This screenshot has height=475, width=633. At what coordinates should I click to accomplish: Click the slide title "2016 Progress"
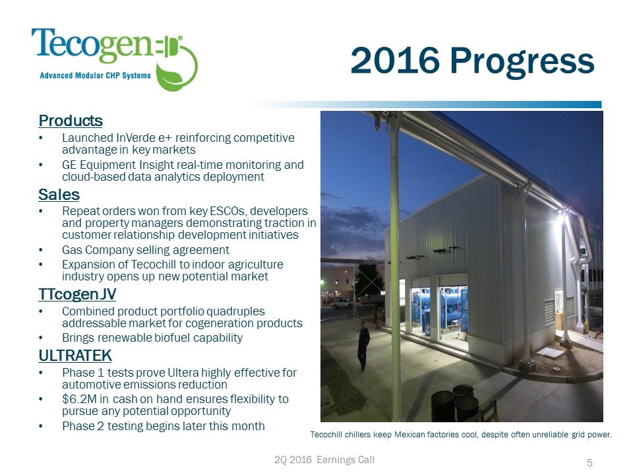tap(472, 61)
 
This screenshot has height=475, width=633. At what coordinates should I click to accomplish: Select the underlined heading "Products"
tap(71, 121)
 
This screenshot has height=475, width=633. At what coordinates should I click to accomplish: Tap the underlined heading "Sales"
tap(59, 195)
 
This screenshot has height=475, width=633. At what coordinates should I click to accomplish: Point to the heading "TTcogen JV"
tap(77, 294)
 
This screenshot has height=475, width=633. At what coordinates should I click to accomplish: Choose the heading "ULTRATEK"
tap(75, 356)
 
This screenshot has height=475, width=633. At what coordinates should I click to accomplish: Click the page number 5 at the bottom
tap(589, 463)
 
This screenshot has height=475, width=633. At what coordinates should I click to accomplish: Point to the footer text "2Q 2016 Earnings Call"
tap(324, 460)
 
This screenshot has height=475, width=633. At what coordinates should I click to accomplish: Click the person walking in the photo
tap(363, 346)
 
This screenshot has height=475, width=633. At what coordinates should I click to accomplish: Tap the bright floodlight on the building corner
tap(560, 219)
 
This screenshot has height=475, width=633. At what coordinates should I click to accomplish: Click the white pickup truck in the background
tap(341, 303)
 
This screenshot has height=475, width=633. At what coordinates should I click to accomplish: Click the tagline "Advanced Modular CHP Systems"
tap(95, 75)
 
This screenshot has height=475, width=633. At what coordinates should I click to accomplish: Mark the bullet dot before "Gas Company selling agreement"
tap(41, 251)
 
